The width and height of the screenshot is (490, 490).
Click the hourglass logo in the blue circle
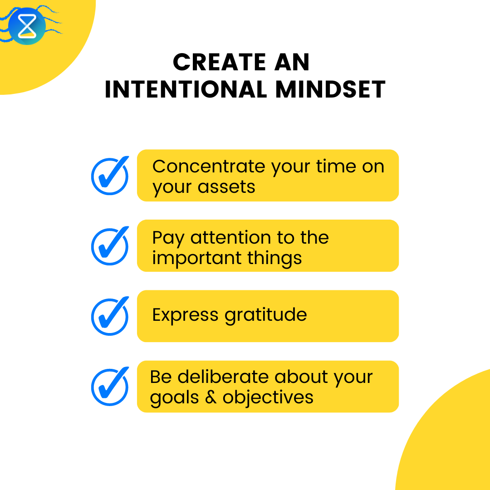tap(27, 26)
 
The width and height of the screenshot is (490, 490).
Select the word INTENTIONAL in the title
tap(186, 89)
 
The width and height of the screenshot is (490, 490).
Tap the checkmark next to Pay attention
tap(110, 246)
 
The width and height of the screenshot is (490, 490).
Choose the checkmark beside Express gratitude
tap(110, 316)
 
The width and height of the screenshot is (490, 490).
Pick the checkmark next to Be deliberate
tap(110, 387)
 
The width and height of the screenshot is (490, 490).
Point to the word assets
tap(230, 187)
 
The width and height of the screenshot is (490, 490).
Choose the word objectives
tap(268, 397)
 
